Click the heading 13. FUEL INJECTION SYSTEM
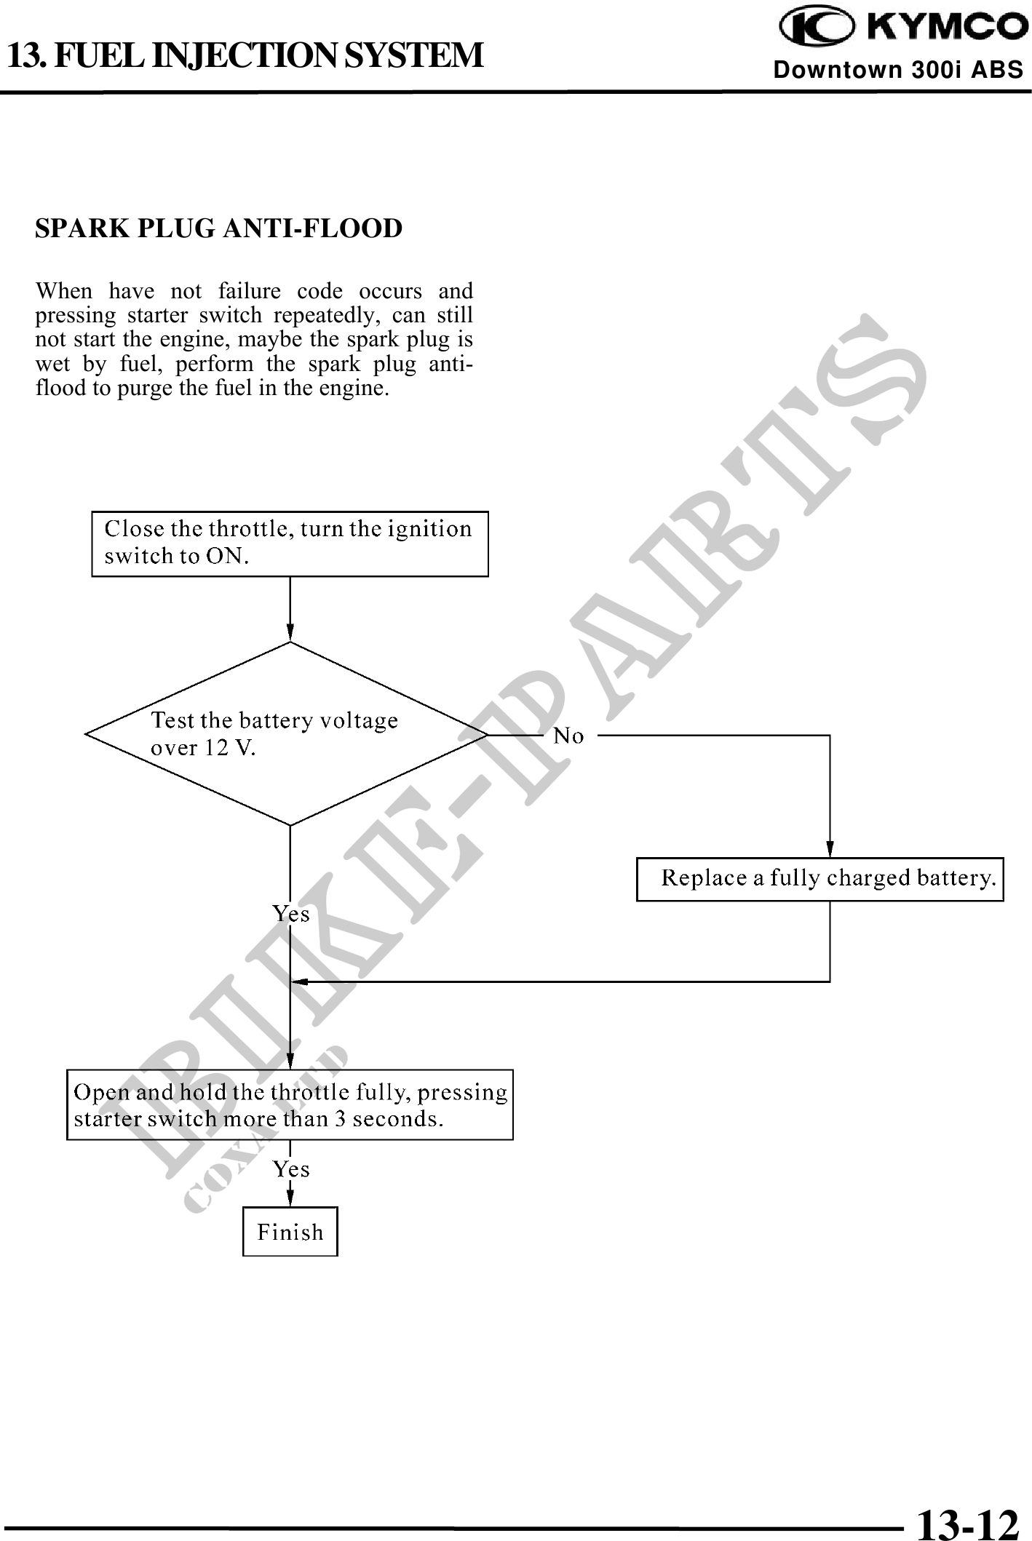click(x=245, y=55)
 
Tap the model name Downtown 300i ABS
click(x=898, y=70)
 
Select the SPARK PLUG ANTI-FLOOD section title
click(x=218, y=228)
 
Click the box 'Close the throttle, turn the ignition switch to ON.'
click(x=290, y=543)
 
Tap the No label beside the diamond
click(x=568, y=736)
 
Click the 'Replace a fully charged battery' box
click(x=819, y=879)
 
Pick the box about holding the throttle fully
click(x=290, y=1104)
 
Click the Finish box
click(x=290, y=1232)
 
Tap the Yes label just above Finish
click(x=291, y=1169)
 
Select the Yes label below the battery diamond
click(x=291, y=914)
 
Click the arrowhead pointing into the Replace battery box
click(x=830, y=851)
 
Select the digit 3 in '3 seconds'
click(x=340, y=1118)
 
